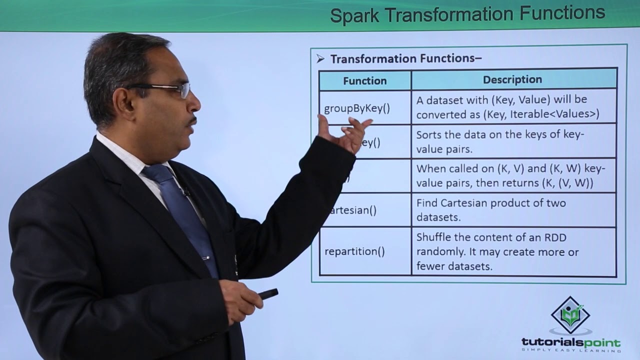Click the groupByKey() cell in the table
356,108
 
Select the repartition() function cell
354,251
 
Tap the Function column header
364,80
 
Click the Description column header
512,79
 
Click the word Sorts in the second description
429,135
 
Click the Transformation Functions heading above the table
405,58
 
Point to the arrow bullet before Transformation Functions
320,59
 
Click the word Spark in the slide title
354,15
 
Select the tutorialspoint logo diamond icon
570,315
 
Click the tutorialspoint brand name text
570,342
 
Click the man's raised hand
345,133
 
